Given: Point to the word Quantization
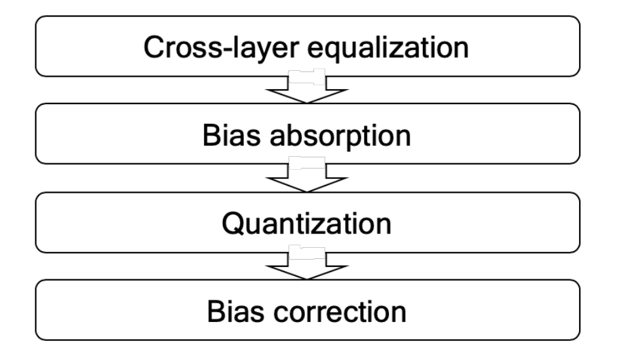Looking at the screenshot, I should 306,223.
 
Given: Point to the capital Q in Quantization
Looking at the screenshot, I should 233,223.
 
